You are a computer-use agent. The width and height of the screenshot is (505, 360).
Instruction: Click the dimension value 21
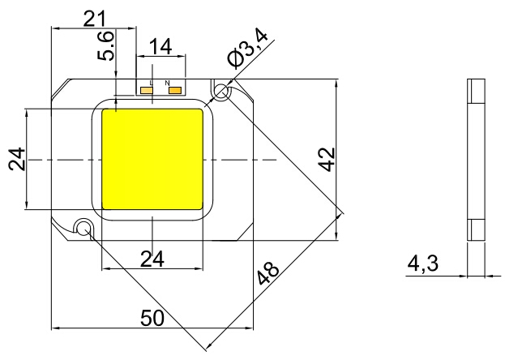(94, 19)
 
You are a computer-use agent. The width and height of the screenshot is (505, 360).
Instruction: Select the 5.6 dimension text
(106, 45)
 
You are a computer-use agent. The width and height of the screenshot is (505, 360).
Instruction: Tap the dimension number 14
(160, 47)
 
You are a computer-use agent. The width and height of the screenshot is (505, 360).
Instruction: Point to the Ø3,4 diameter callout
(247, 49)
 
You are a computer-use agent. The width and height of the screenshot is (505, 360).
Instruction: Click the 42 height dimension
(327, 160)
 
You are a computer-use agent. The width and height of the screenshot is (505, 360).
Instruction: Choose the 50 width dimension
(152, 318)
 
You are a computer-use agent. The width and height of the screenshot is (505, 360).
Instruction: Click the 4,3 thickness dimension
(423, 264)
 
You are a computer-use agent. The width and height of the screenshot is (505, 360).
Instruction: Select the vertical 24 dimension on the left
(17, 159)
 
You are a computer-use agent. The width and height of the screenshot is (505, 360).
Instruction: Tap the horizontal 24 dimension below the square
(152, 259)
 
